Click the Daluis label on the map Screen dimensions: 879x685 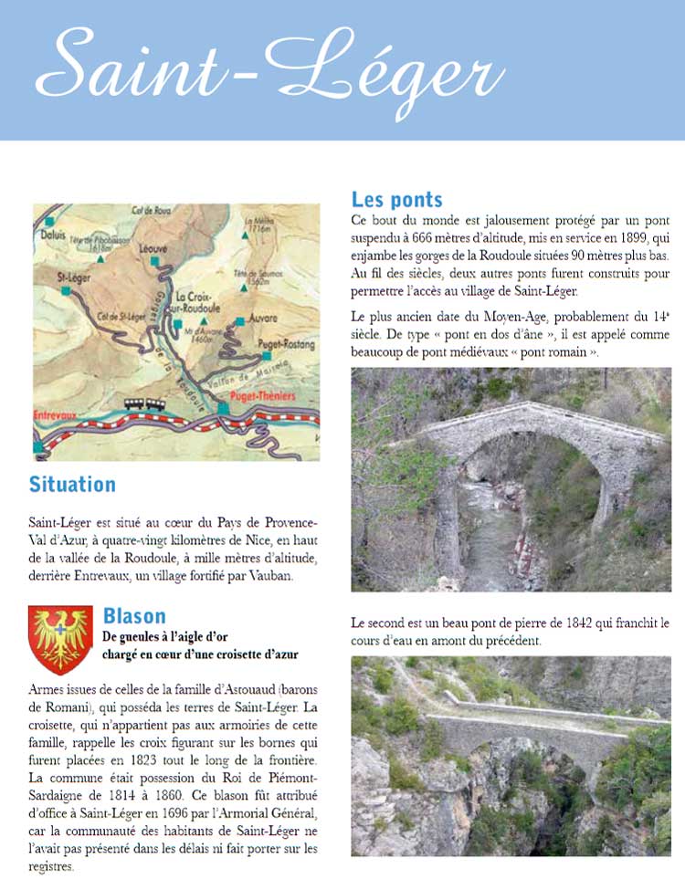point(57,234)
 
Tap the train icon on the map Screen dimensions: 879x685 point(145,403)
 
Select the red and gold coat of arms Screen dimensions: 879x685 point(60,640)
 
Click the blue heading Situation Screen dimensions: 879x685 point(72,484)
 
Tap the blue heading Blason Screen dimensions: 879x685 point(134,615)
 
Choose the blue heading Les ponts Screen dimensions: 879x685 point(397,199)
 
